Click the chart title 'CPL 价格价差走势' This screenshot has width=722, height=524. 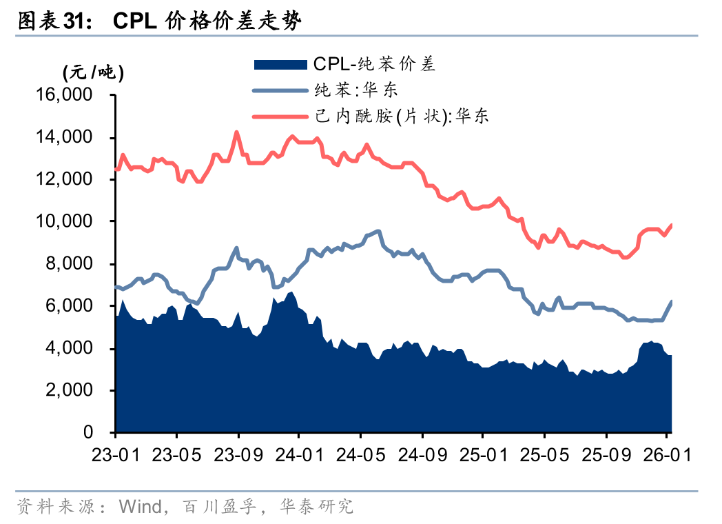point(207,21)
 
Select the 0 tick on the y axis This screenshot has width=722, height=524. point(88,432)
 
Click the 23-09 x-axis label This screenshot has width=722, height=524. point(238,456)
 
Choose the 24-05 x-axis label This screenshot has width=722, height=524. point(360,456)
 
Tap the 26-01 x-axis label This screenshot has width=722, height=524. point(666,456)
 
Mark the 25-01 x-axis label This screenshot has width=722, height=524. point(482,456)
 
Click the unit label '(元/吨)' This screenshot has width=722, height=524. point(93,72)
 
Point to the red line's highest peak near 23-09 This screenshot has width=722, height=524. point(237,132)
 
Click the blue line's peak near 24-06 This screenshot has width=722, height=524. point(378,231)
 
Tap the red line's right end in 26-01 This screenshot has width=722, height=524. point(672,225)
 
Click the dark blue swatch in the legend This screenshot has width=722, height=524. point(280,65)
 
